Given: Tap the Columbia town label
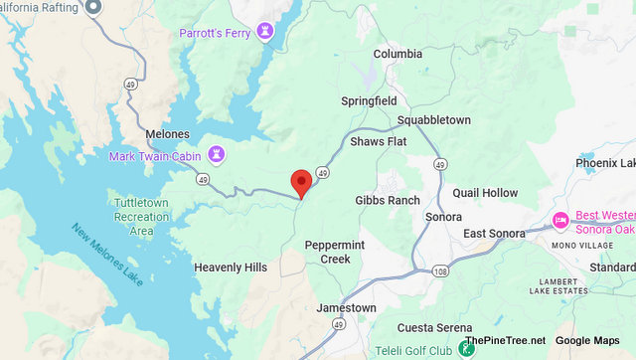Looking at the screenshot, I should tap(397, 54).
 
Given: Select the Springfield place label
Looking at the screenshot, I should tap(369, 101).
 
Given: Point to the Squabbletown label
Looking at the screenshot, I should tap(433, 120).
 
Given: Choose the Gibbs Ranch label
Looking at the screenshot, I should tap(388, 200).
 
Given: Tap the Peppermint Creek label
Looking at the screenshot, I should tap(328, 252).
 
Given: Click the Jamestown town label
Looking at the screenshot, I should tap(346, 308).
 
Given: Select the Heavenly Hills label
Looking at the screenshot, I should tap(231, 268).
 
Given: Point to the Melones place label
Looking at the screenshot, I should tap(167, 134).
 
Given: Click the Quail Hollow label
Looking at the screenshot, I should tap(485, 193).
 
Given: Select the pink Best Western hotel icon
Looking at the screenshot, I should tap(560, 219).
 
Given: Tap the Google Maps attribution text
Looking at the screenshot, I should tap(587, 341).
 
